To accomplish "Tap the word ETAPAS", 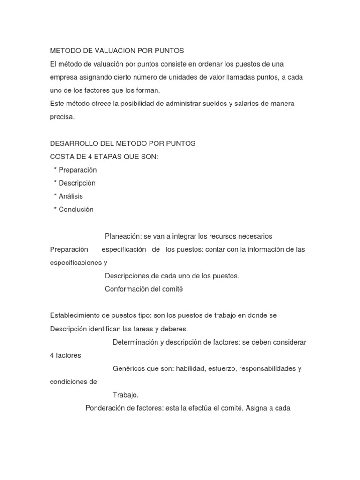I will (x=110, y=157).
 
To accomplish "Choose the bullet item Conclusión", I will (x=76, y=210).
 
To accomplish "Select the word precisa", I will (x=62, y=117).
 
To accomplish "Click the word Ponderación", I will (x=105, y=408).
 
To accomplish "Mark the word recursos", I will (x=209, y=236).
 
